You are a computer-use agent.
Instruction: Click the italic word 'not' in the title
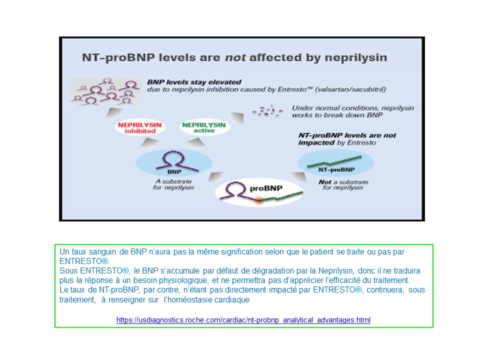coord(235,57)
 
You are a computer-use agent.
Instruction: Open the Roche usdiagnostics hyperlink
coord(243,319)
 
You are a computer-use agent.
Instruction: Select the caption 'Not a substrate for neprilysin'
coord(343,184)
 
